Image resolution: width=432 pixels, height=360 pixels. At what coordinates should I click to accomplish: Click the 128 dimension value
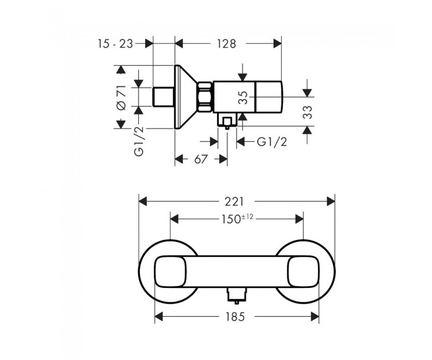[226, 44]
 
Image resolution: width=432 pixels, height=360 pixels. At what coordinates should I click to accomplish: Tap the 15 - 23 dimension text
[115, 44]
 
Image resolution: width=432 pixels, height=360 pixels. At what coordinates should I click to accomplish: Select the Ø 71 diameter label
[121, 98]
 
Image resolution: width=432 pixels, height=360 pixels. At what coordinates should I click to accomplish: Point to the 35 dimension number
[243, 98]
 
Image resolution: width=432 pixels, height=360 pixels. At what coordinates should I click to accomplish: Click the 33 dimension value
[308, 112]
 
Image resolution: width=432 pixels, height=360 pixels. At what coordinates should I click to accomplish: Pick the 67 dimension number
[200, 159]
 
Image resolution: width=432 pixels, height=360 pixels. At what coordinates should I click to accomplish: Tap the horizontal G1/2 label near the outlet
[272, 142]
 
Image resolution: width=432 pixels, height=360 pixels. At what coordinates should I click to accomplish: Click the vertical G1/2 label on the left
[139, 141]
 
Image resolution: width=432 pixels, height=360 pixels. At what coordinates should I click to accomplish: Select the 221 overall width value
[234, 202]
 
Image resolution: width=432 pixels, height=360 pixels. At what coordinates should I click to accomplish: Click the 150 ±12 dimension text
[237, 219]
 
